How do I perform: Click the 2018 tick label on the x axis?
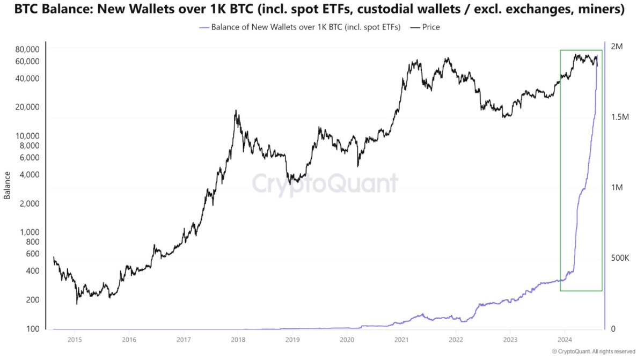pos(238,339)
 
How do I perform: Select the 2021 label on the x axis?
pos(401,339)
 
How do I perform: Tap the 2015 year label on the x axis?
pos(75,339)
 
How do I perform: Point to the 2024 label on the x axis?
pos(565,339)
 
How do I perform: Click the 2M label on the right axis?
pos(617,46)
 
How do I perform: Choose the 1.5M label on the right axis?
pos(620,117)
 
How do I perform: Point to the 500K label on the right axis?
pos(620,258)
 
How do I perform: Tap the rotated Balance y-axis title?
pos(8,186)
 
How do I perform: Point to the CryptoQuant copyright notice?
pos(594,351)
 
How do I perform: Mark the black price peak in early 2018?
pos(236,111)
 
